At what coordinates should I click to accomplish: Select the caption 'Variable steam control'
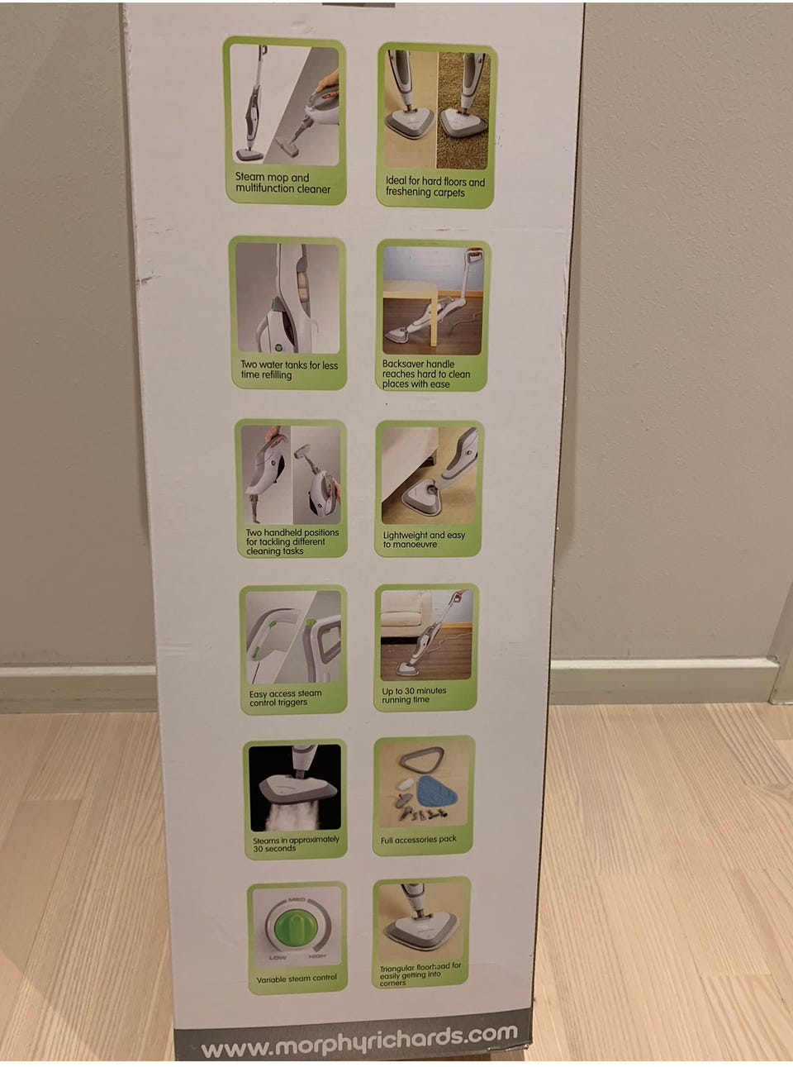(296, 979)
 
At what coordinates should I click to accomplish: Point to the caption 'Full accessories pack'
(418, 840)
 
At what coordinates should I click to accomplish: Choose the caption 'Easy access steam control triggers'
(285, 698)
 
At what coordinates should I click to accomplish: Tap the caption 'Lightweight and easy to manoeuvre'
(423, 540)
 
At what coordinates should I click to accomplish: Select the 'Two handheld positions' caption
(292, 542)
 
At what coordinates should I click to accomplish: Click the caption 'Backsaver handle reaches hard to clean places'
(425, 374)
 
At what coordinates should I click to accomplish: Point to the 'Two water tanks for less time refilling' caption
(288, 369)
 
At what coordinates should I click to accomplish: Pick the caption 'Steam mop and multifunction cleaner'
(283, 183)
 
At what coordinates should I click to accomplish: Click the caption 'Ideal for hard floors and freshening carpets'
(434, 187)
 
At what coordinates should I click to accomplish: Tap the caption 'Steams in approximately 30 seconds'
(295, 844)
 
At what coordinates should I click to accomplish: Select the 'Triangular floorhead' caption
(420, 974)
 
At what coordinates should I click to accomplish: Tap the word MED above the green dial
(297, 899)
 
